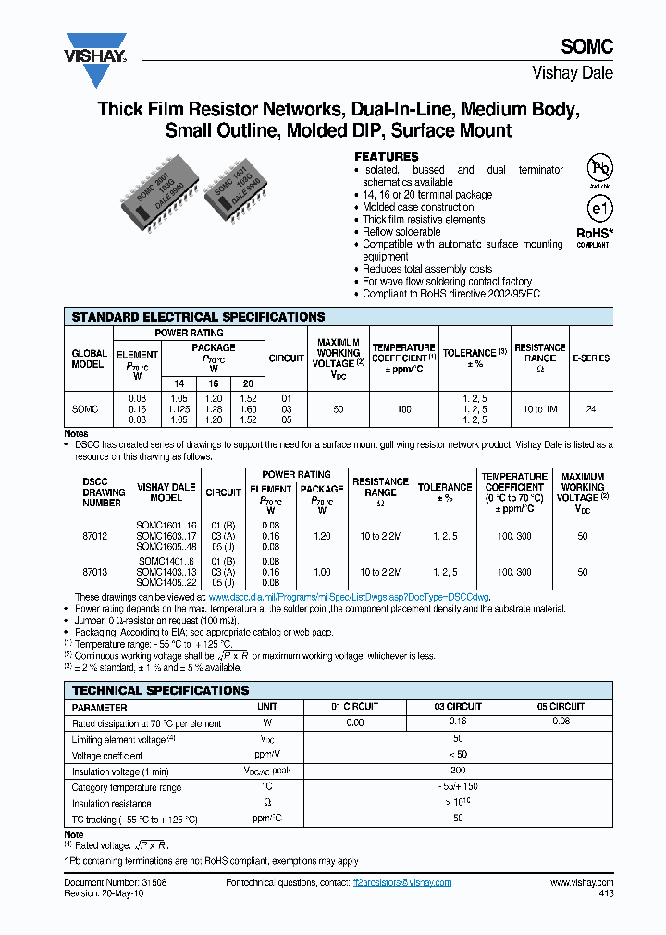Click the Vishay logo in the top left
(95, 48)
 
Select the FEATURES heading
(387, 157)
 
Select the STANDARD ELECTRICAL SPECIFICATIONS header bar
(199, 317)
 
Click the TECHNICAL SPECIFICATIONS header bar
(161, 690)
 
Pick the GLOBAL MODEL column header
(89, 358)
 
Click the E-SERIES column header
(591, 358)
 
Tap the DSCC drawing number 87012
(95, 536)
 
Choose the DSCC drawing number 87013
(95, 573)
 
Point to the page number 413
(605, 894)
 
